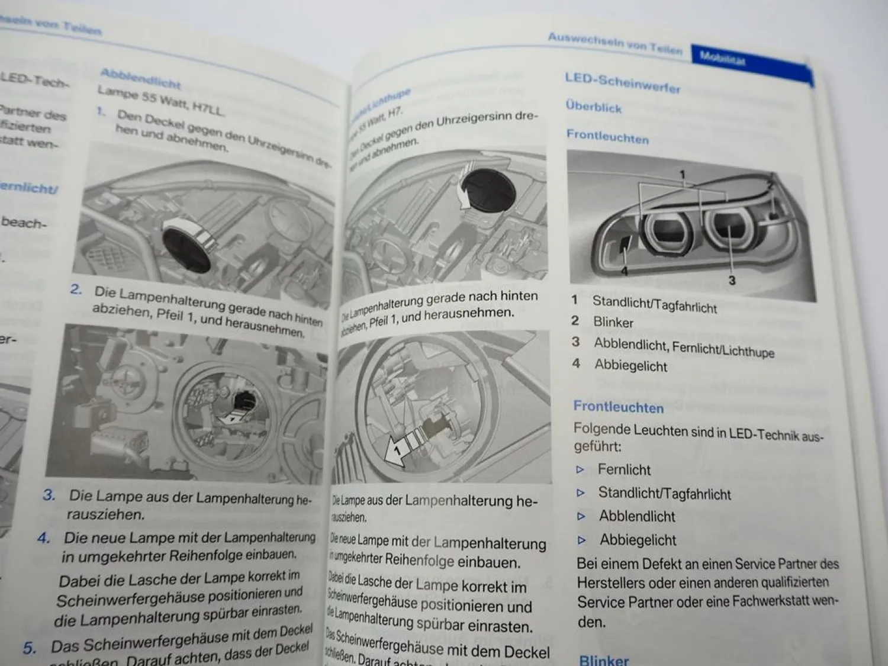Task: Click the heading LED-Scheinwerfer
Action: [x=622, y=83]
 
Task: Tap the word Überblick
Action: [x=593, y=107]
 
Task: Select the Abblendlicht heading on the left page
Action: [x=140, y=77]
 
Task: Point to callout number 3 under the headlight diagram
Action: [x=732, y=280]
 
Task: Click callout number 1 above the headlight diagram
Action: [x=683, y=174]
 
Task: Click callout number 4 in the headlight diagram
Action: [x=624, y=271]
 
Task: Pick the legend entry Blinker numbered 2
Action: [x=613, y=323]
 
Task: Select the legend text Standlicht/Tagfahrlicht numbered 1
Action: [x=654, y=304]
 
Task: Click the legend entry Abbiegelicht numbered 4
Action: [x=630, y=366]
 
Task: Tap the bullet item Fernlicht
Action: [x=624, y=469]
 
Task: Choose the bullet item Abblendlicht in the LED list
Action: [x=637, y=516]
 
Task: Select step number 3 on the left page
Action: [x=49, y=494]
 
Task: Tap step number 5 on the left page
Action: [x=29, y=648]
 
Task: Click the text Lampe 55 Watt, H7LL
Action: [x=161, y=101]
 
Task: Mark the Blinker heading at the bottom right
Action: [x=603, y=659]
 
